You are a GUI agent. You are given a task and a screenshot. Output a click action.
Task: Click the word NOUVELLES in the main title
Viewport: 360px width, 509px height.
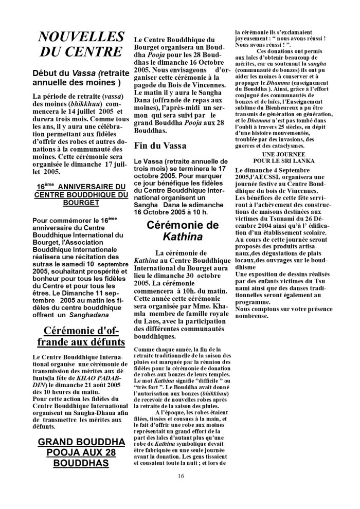[x=81, y=37]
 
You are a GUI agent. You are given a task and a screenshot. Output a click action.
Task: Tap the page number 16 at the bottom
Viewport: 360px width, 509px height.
[x=181, y=475]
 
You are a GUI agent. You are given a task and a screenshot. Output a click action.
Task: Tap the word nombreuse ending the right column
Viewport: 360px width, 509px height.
[x=252, y=315]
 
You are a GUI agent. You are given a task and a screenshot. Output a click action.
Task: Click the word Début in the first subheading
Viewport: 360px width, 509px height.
[x=45, y=73]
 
